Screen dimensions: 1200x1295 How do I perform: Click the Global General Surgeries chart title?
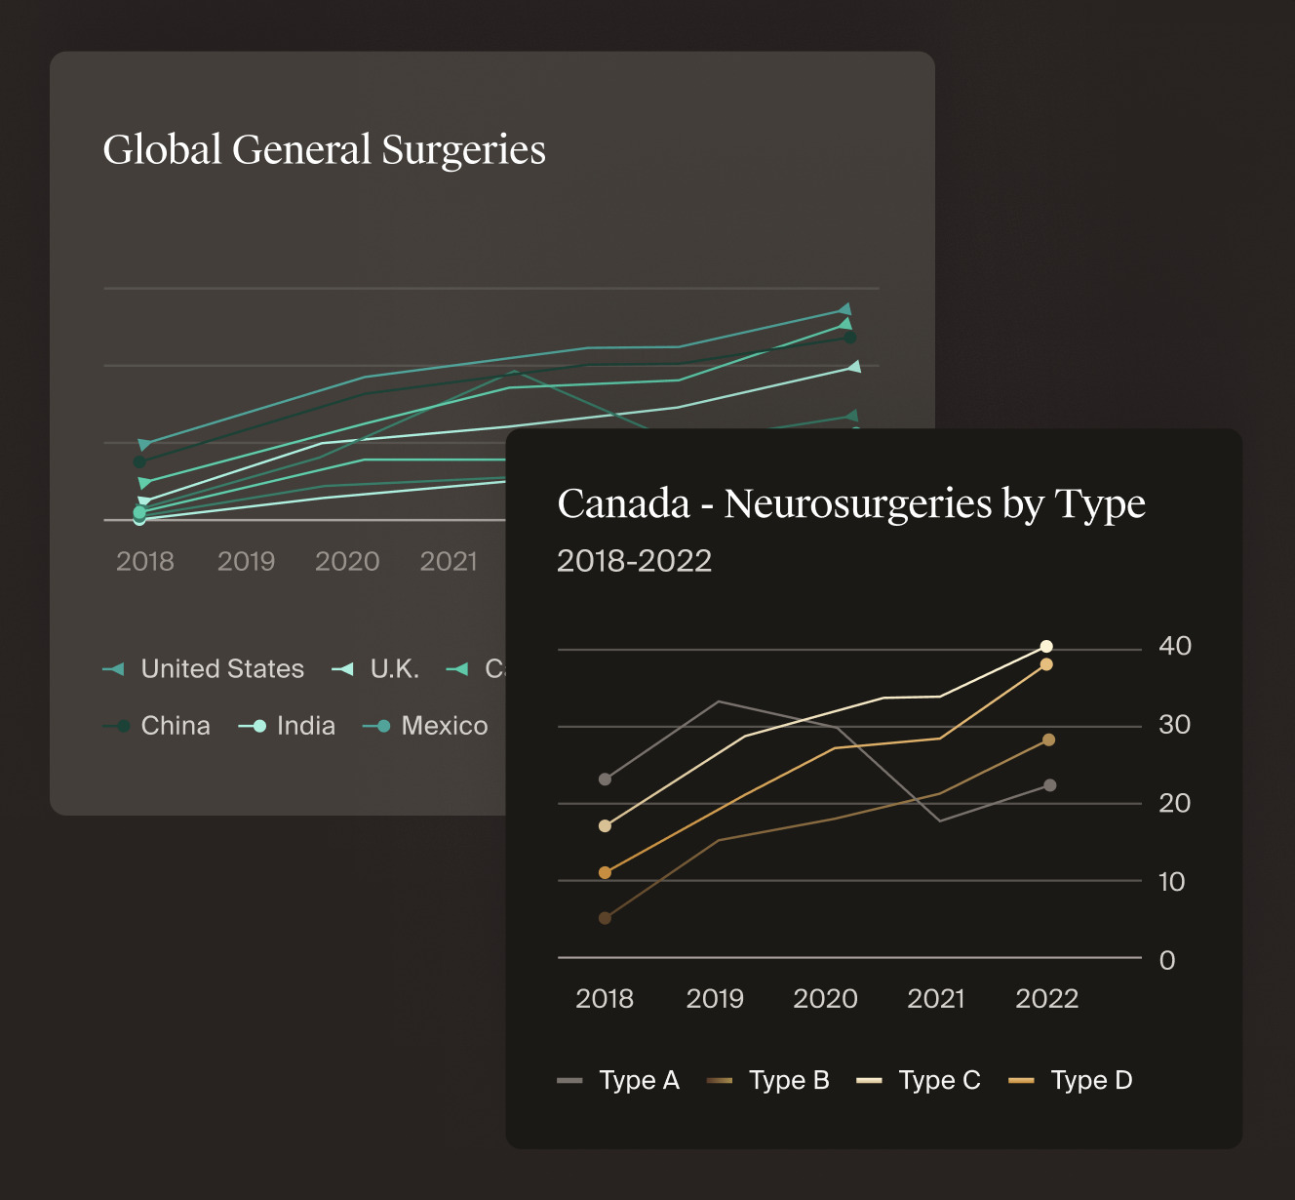[x=324, y=150]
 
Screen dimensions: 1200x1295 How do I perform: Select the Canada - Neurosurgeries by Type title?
[x=850, y=504]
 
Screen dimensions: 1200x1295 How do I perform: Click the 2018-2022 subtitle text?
[x=634, y=561]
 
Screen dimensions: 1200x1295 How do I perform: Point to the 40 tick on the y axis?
[x=1174, y=646]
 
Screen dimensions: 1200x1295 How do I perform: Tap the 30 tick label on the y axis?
[x=1174, y=725]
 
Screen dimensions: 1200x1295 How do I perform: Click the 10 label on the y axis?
[x=1171, y=882]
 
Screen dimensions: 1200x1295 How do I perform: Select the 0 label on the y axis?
[x=1167, y=961]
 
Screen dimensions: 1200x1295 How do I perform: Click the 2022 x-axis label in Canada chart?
[x=1046, y=999]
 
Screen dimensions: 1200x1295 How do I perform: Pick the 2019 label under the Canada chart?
[x=715, y=999]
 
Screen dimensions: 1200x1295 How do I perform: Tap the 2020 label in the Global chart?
[x=347, y=562]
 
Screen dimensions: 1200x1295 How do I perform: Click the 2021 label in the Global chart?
[x=449, y=562]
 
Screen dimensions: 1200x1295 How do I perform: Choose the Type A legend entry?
[x=618, y=1081]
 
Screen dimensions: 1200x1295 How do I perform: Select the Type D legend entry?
[x=1071, y=1081]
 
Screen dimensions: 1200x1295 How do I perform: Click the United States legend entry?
[x=204, y=669]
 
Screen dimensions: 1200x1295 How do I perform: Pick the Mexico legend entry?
[x=425, y=726]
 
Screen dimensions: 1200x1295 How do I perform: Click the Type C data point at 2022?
[x=1046, y=646]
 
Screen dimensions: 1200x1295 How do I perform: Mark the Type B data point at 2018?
[x=605, y=918]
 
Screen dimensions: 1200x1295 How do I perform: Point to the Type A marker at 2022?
[x=1050, y=785]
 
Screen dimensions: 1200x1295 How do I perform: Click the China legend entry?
[x=157, y=726]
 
